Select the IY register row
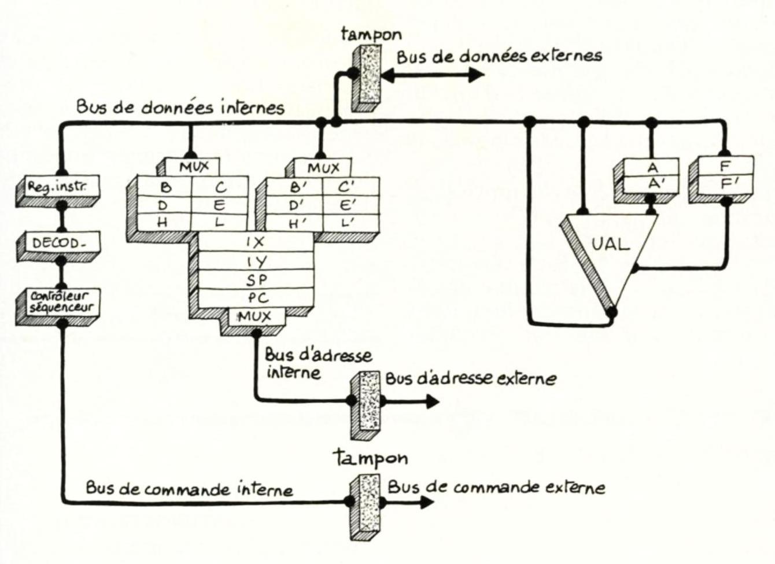click(255, 261)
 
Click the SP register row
click(255, 280)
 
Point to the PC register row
click(255, 298)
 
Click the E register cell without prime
click(219, 205)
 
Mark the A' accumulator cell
click(653, 185)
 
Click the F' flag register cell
click(725, 184)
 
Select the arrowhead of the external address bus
click(431, 400)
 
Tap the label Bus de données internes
click(180, 108)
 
